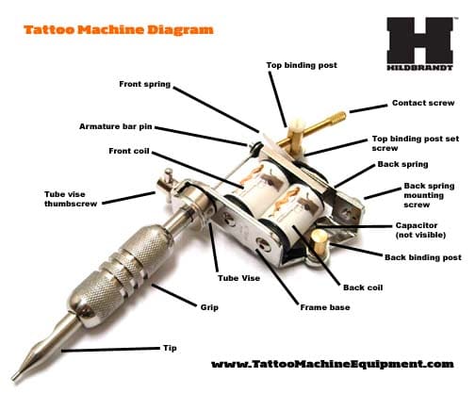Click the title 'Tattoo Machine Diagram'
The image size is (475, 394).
pos(119,30)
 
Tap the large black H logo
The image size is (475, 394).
pos(420,41)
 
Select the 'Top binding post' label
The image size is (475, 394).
pos(302,65)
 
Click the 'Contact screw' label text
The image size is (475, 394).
pos(423,103)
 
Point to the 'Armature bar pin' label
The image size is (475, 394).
pos(116,126)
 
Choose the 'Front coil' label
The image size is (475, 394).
pos(129,151)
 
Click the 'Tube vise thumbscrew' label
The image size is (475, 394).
pos(71,199)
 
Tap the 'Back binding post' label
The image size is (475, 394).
pos(423,257)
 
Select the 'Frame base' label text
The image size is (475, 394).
pos(325,307)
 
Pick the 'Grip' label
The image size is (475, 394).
pos(209,307)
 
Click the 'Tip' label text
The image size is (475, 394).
pos(170,348)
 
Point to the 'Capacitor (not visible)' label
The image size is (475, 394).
pos(420,230)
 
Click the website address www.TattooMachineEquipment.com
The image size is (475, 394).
pos(333,364)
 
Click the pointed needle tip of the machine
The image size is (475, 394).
pos(15,376)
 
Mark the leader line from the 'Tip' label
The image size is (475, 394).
pos(110,350)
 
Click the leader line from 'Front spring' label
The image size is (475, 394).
pos(216,109)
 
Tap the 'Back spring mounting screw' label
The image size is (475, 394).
pos(429,195)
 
